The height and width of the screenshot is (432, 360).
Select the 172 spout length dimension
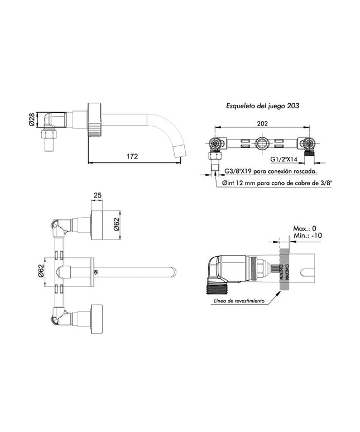132,157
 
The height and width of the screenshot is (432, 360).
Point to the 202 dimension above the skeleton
263,124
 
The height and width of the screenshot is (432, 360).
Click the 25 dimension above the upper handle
98,196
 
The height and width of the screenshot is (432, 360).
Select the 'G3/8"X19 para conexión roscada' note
271,172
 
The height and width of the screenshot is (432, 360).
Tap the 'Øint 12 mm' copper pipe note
276,183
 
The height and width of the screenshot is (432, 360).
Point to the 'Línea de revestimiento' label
238,300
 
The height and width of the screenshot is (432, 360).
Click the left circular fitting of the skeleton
214,144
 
